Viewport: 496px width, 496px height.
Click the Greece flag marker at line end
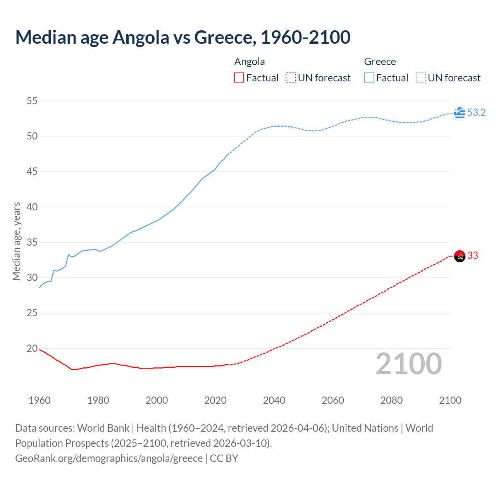[460, 113]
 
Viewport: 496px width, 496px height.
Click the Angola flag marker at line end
[460, 256]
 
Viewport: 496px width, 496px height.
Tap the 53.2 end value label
[476, 113]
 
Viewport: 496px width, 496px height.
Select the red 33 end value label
[473, 256]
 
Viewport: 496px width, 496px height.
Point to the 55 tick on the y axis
[32, 101]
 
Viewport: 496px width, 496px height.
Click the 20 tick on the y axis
[32, 348]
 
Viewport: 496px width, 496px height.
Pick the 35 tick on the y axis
[32, 243]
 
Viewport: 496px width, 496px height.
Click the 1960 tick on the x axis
[40, 400]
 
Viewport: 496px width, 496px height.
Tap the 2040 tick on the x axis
[274, 400]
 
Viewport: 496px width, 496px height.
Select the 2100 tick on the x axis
[450, 400]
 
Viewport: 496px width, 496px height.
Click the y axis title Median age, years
[16, 241]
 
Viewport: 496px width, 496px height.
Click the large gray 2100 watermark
[409, 364]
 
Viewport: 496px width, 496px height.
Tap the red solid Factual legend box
[239, 78]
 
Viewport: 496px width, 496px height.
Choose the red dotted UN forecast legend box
[291, 78]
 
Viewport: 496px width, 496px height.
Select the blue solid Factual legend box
[369, 78]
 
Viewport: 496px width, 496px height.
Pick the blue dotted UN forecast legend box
[421, 78]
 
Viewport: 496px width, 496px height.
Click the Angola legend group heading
[250, 62]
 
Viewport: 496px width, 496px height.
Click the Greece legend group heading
[380, 62]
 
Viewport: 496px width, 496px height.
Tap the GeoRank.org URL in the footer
[109, 458]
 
